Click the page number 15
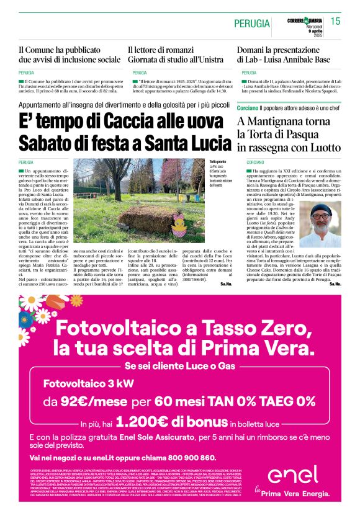335,22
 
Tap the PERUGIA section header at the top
252,24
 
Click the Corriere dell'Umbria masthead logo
305,21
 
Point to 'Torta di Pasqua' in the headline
291,134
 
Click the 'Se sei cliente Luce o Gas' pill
180,365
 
